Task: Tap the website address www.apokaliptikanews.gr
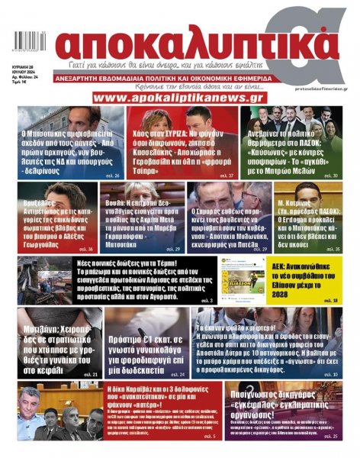178,98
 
